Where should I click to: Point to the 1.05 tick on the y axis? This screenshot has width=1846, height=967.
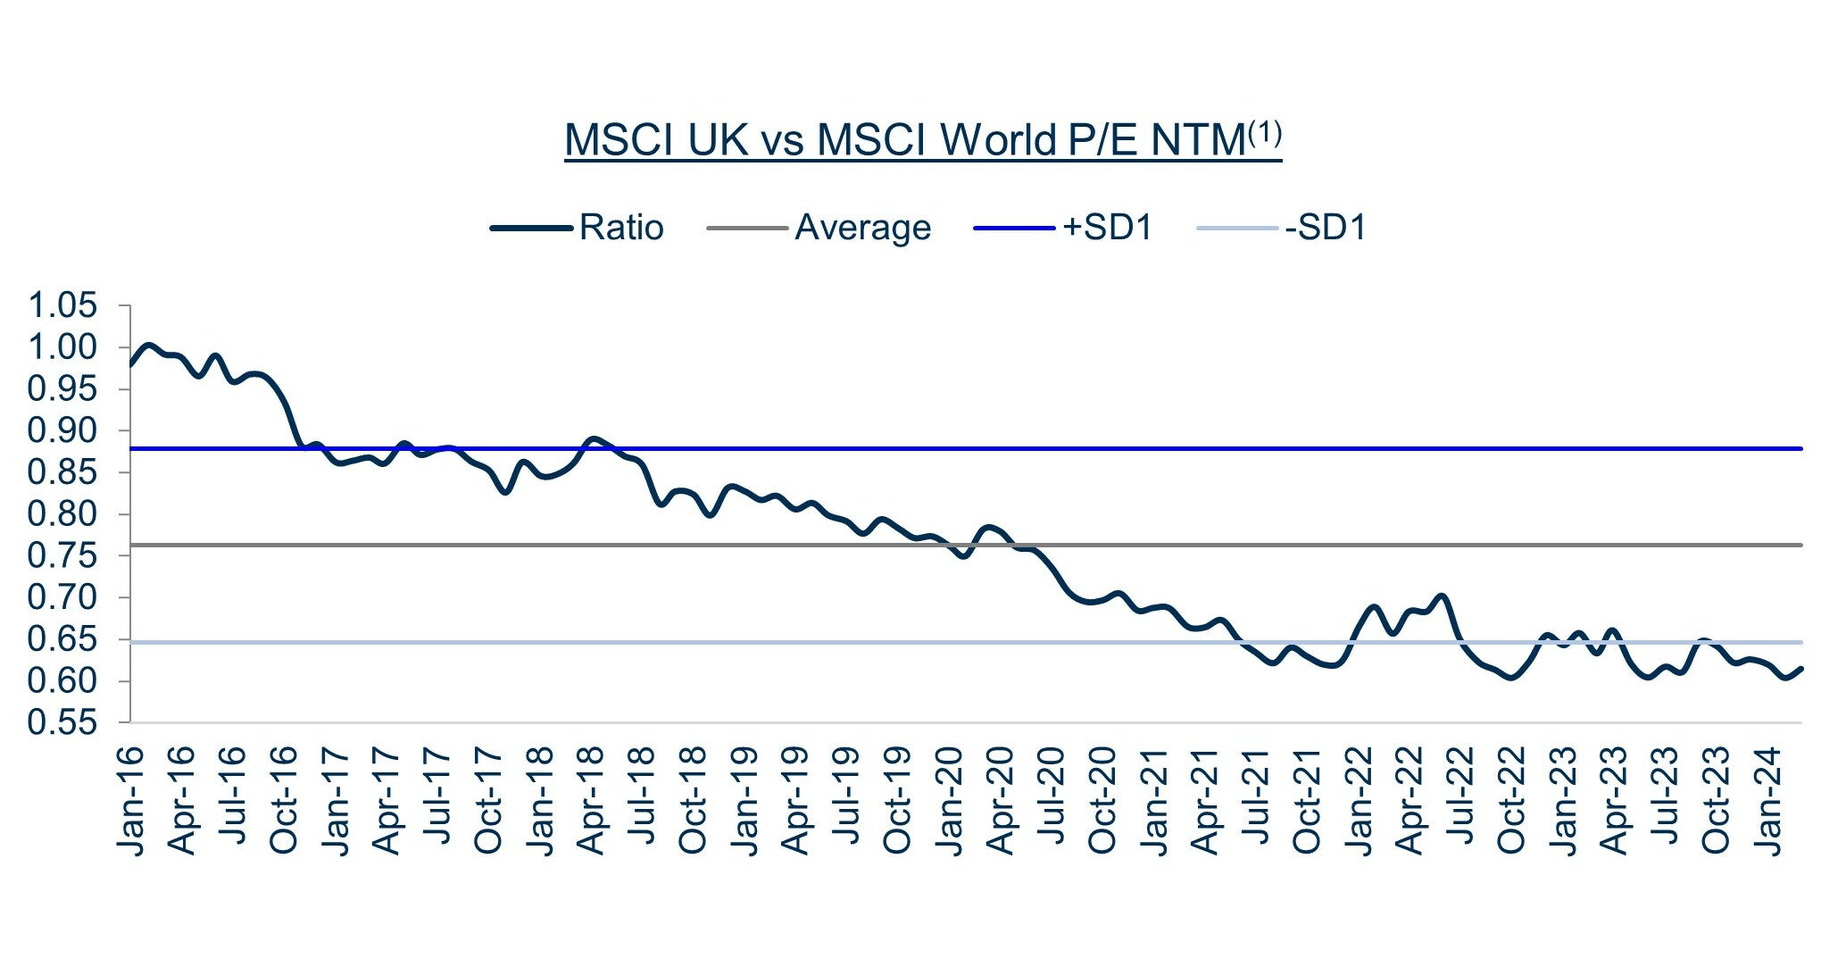click(x=62, y=306)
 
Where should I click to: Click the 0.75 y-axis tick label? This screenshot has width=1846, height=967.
click(x=62, y=556)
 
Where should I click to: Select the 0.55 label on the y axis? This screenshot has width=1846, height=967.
click(x=62, y=723)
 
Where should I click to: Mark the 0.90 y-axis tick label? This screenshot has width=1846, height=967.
click(x=62, y=431)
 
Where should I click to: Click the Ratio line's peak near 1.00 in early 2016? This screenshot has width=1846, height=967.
click(x=148, y=345)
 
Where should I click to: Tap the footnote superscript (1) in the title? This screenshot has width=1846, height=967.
click(x=1264, y=134)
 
